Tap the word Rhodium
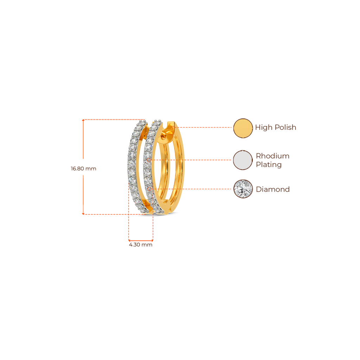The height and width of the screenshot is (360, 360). [x=273, y=156]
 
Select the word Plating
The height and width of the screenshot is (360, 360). [x=269, y=165]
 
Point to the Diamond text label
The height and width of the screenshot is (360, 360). [x=273, y=189]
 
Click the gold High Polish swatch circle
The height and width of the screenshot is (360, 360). [x=243, y=128]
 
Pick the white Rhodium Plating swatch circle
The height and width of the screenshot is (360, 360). [x=243, y=160]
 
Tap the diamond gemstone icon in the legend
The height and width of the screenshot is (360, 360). [x=243, y=189]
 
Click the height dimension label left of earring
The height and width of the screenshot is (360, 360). [x=83, y=168]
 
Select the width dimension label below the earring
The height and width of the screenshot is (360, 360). [x=141, y=245]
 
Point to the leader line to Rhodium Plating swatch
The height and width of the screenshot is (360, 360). [x=192, y=160]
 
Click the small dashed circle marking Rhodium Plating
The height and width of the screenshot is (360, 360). [x=149, y=160]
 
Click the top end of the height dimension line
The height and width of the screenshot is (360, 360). [x=83, y=120]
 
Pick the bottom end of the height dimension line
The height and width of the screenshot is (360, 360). [x=83, y=213]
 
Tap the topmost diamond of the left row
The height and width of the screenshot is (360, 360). [x=142, y=122]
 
